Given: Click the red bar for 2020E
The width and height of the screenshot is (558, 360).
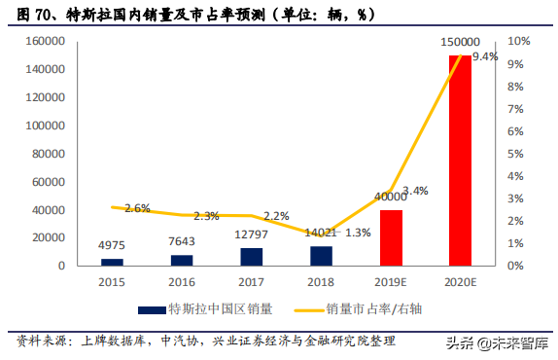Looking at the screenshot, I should pos(459,161).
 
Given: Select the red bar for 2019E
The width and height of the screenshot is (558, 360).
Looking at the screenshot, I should pos(390,237).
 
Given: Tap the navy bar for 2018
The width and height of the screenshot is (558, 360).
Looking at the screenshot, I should pos(321,255).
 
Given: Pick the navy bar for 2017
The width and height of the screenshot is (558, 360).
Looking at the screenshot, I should pos(252,256).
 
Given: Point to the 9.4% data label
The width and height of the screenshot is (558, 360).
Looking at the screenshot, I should pos(484,57).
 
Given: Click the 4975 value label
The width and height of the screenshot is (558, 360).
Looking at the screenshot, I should pos(113,246).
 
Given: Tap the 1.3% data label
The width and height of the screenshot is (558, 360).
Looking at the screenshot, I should pos(357,233).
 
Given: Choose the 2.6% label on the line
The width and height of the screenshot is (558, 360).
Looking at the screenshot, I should pos(137,208).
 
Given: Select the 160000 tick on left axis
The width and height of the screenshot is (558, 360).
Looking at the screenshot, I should pos(46,42).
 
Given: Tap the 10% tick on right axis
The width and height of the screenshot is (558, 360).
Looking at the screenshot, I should pos(519,42).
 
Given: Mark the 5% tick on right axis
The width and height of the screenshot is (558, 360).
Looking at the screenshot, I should pos(516,154).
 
